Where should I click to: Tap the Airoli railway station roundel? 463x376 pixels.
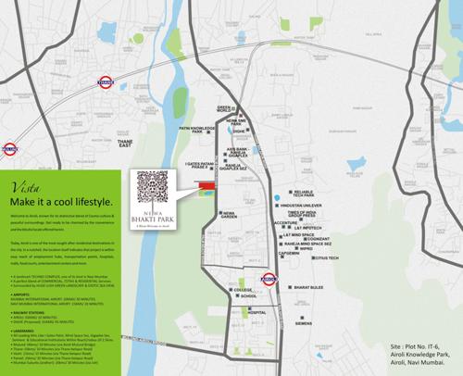268,278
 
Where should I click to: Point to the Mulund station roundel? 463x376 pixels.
10,146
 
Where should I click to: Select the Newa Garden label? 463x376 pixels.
229,215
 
